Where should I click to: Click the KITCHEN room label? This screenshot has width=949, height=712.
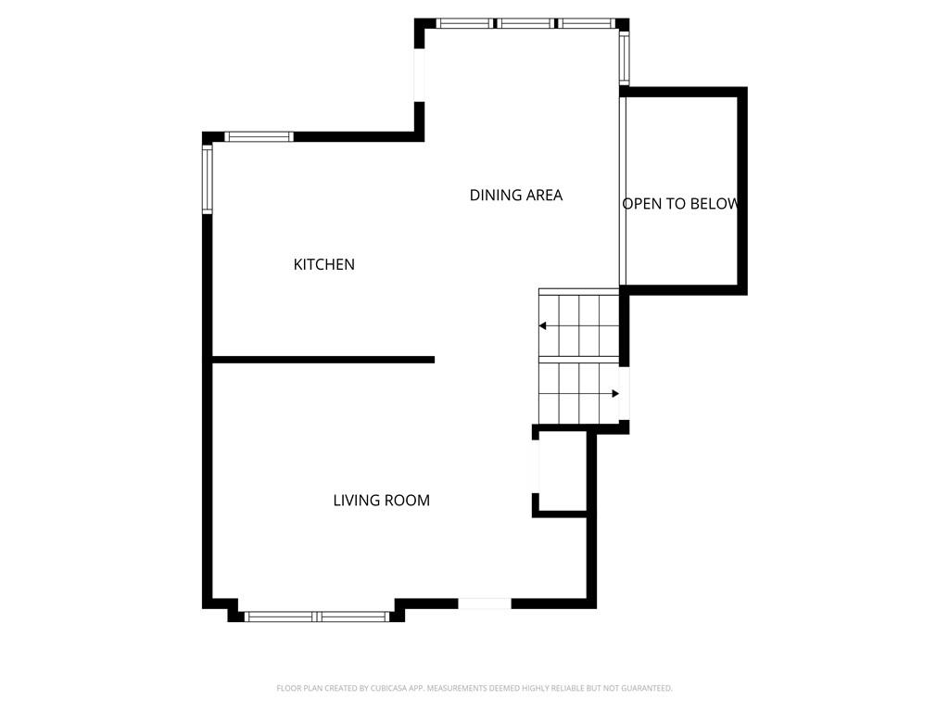323,264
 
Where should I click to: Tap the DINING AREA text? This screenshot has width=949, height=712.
516,195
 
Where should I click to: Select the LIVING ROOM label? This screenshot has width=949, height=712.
381,500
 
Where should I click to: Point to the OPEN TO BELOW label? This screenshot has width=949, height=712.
680,204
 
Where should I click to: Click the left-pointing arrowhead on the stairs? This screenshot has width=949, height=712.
543,325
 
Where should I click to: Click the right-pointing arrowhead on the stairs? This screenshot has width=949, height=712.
615,393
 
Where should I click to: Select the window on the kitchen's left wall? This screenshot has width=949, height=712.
208,179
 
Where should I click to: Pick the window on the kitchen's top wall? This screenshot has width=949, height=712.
259,137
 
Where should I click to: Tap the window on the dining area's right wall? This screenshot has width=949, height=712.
625,57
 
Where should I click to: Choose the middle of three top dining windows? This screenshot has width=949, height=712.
526,23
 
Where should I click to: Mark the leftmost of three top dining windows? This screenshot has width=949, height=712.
464,23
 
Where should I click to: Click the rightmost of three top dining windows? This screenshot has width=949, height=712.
587,23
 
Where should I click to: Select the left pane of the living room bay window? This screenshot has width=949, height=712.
279,617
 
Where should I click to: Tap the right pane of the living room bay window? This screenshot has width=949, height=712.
353,617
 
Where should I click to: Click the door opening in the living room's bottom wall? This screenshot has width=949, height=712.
485,604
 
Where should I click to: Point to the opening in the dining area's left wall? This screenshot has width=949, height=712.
419,74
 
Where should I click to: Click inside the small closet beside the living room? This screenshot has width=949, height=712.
563,471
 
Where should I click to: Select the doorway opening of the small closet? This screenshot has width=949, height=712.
536,466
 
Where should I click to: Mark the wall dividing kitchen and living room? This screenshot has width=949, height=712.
323,360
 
